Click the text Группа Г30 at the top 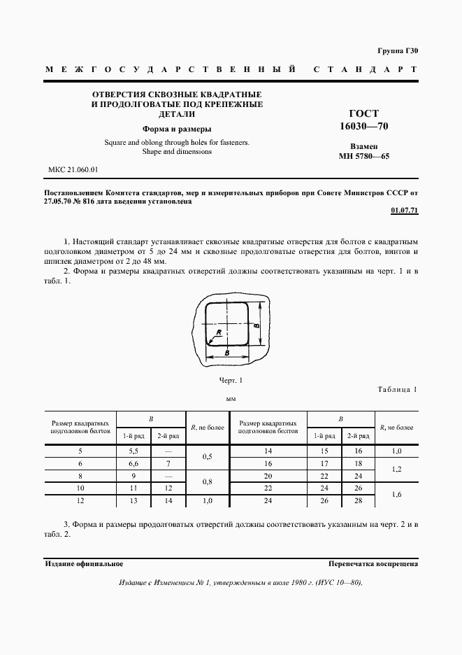pos(397,51)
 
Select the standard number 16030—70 pos(363,126)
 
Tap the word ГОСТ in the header pos(363,113)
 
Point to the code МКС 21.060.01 pos(73,169)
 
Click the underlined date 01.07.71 pos(404,210)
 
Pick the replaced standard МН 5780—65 pos(363,157)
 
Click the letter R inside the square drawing pos(219,333)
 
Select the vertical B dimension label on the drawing pos(257,325)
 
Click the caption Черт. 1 pos(231,381)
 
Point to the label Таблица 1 pos(397,389)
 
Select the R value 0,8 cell pos(207,481)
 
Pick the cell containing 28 pos(359,500)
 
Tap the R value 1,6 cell pos(396,494)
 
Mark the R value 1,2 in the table pos(396,469)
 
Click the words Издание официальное pos(84,563)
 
